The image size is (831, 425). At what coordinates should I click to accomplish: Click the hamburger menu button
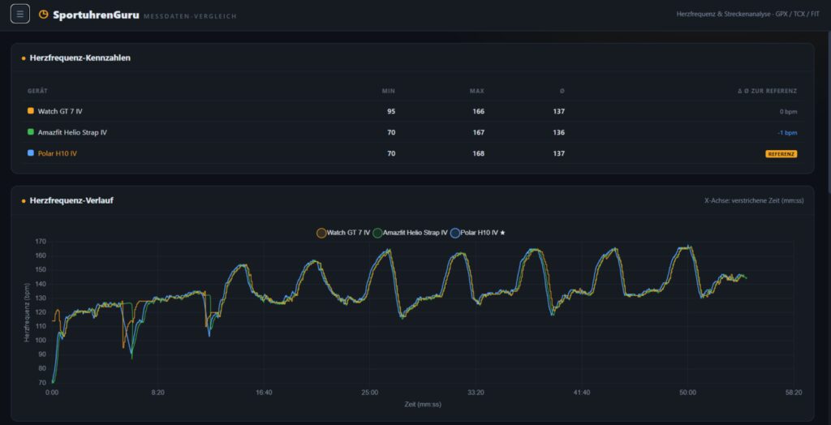coord(20,14)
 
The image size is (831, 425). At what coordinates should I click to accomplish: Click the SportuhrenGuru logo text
coord(96,15)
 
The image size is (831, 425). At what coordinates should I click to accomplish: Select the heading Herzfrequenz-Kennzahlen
coord(80,58)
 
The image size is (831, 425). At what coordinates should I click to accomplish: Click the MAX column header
coord(477,91)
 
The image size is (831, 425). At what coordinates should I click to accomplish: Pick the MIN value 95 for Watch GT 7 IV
coord(391,111)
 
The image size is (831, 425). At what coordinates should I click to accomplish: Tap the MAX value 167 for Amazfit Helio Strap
coord(478,132)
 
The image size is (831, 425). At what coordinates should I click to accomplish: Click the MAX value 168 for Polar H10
coord(478,153)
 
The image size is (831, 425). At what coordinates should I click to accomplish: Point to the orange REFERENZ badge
coord(781,153)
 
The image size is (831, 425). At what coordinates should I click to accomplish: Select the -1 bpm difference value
coord(788,132)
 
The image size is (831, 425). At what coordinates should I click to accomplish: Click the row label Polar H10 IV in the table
coord(58,153)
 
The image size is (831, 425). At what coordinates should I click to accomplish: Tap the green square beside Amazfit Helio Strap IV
coord(31,132)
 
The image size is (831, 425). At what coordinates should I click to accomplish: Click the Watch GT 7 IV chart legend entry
coord(343,232)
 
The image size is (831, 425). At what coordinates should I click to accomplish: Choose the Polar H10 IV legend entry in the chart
coord(477,232)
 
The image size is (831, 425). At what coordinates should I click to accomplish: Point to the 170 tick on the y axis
coord(41,242)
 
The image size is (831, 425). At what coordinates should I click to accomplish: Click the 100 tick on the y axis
coord(41,340)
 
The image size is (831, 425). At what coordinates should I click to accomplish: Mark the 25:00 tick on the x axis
coord(370,393)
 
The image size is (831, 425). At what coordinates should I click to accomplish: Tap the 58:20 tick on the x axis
coord(794,393)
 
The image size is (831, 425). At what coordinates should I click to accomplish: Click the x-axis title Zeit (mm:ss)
coord(422,405)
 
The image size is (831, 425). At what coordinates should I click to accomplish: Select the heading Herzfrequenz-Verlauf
coord(71,201)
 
